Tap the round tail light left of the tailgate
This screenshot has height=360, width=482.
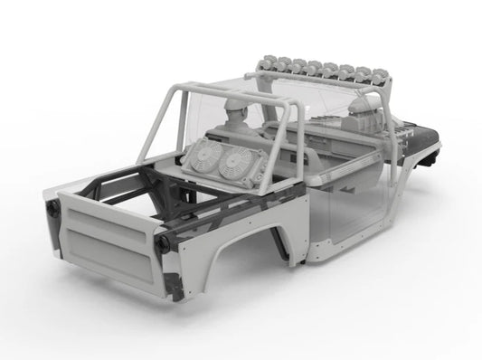point(52,208)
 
